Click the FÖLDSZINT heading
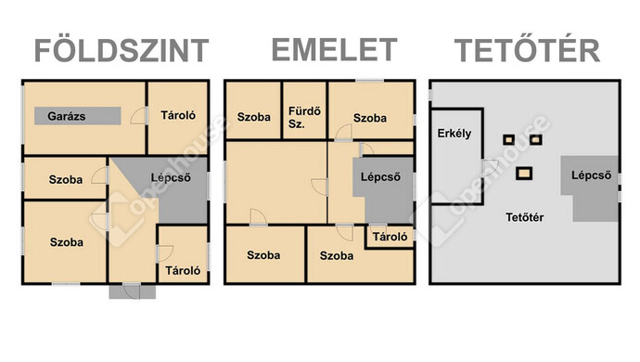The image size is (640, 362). point(121,51)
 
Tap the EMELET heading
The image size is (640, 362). point(333,49)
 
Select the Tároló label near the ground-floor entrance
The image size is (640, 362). point(182,272)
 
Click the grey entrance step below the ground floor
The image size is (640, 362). point(125,291)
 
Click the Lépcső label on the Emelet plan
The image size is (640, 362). point(379,177)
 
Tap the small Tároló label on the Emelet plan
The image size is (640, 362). point(390,237)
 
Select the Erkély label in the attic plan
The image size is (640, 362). point(454,133)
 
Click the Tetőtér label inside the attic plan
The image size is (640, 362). point(524,218)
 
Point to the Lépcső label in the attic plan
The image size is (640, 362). point(591,175)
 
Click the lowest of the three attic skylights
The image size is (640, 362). point(525,172)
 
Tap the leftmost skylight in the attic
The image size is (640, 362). point(508,140)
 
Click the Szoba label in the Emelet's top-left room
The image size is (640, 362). point(253,118)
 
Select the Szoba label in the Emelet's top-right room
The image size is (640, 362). point(369,118)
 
